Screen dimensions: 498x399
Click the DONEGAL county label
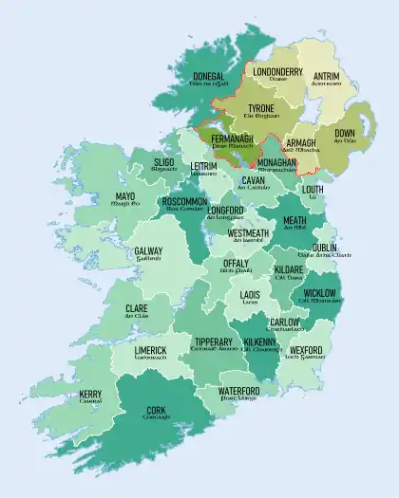pyautogui.click(x=202, y=76)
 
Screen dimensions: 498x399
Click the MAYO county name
pyautogui.click(x=119, y=197)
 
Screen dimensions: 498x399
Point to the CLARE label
pyautogui.click(x=137, y=308)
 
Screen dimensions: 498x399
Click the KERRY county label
pyautogui.click(x=91, y=394)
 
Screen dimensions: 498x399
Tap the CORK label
pyautogui.click(x=157, y=411)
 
